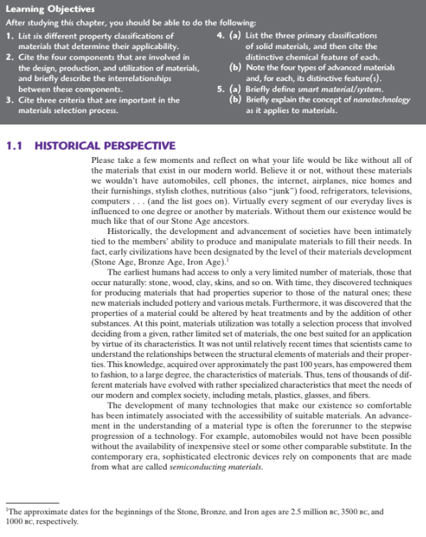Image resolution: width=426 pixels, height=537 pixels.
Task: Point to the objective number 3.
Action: tap(8, 100)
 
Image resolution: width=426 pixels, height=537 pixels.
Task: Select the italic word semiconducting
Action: tap(201, 469)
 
